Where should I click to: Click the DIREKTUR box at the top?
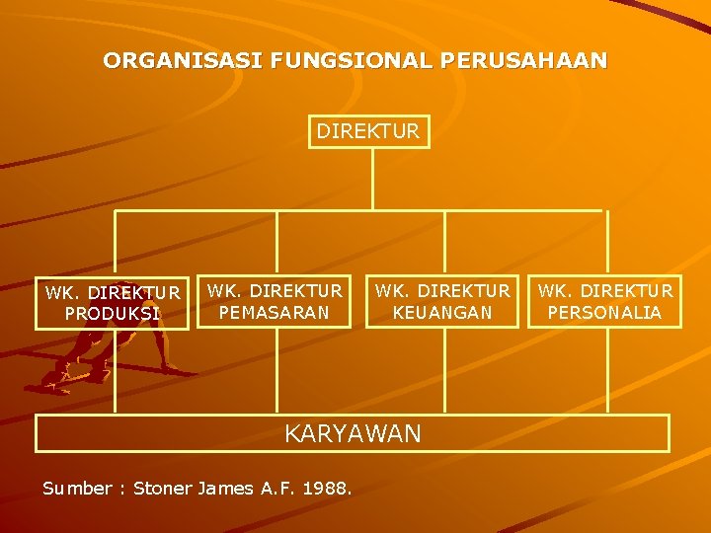369,130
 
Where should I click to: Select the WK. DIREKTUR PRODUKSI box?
113,303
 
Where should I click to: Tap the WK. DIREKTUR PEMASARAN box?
275,302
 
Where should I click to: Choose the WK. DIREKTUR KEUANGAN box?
443,302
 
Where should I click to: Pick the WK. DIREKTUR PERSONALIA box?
605,302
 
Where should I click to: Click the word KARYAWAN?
353,433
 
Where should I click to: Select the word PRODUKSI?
113,314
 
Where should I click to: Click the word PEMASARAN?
275,313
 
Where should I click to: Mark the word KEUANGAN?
443,313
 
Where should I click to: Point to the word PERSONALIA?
605,313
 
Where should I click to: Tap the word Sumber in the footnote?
77,488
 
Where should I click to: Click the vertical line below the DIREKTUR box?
371,178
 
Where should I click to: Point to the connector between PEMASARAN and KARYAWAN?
276,370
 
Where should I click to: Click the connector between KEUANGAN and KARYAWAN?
444,370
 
